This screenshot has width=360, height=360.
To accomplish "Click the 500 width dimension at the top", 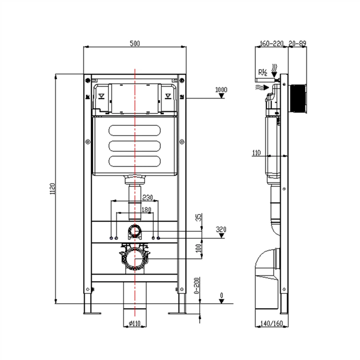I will [135, 43].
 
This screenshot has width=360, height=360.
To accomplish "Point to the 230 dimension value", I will [147, 197].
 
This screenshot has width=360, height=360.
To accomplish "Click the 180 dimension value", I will [147, 210].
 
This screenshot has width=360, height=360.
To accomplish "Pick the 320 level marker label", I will [221, 229].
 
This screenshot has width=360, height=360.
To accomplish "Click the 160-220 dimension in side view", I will [271, 43].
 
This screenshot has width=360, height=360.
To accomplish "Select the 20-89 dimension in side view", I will [297, 43].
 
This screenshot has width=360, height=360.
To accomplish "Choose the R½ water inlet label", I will [262, 72].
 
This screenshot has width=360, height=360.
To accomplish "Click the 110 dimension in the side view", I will [256, 153].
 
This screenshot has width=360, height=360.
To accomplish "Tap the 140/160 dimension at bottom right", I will [269, 324].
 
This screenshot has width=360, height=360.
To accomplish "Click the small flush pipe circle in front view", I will [135, 230].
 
